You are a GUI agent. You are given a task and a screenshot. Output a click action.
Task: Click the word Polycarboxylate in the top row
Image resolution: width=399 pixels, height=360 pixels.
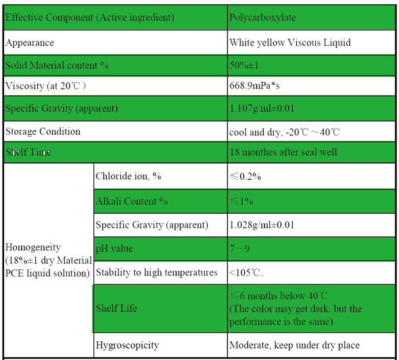coord(262,18)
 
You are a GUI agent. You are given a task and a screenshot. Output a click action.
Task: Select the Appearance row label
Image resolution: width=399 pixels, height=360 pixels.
coord(30,43)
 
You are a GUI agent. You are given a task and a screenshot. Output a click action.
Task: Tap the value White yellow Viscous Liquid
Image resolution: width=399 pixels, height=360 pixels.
coord(290,43)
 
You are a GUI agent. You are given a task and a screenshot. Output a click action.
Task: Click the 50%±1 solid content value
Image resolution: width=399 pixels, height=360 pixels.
coord(243,66)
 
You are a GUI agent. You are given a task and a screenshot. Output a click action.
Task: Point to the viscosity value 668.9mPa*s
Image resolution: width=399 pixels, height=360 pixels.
coord(254,85)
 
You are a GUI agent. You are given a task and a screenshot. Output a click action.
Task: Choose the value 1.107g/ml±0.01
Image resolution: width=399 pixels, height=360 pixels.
coord(262,108)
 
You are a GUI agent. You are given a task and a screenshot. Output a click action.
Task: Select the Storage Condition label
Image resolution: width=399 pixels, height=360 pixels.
coord(43,132)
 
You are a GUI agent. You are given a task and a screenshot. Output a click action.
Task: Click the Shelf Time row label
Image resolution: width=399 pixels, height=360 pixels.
coord(28,152)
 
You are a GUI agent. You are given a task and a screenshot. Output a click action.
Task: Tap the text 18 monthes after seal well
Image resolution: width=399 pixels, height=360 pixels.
coord(283,152)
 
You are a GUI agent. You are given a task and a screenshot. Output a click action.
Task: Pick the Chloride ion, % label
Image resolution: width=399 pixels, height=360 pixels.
coord(128,176)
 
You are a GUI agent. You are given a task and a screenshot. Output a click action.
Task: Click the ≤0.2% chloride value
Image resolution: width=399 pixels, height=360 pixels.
coord(245,176)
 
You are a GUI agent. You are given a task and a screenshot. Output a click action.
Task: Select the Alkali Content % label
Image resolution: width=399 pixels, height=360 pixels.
coord(132,202)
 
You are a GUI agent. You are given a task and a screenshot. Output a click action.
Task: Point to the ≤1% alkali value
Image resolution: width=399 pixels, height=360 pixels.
coord(241,202)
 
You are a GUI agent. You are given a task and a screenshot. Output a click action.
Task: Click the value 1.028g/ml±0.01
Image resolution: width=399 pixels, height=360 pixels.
coord(262,225)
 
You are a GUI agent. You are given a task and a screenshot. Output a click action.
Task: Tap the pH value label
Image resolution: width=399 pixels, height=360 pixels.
coord(114,248)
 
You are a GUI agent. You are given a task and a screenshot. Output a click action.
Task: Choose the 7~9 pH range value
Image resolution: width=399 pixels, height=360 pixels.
coord(239,248)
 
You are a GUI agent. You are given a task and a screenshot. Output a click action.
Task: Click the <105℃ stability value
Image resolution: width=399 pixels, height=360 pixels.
coord(246,273)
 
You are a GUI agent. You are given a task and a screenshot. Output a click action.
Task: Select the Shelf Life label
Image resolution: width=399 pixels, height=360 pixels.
coord(116,309)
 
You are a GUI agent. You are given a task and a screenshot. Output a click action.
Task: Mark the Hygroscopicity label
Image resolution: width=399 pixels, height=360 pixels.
coord(127,346)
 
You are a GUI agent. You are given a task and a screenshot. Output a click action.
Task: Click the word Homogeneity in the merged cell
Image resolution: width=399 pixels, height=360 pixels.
coord(33,247)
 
